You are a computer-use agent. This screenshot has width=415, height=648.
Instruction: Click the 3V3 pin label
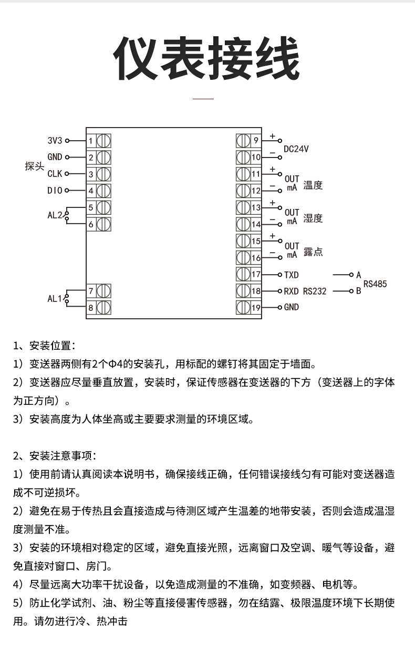point(55,141)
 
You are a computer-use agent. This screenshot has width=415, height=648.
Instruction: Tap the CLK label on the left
point(55,174)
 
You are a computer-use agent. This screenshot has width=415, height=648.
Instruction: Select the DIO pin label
point(55,191)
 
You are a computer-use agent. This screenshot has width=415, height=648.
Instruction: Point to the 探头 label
point(34,166)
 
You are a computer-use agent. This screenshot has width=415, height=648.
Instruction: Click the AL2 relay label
point(55,215)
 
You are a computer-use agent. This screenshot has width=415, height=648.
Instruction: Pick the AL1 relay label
point(55,299)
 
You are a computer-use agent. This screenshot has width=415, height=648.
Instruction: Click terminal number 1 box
point(91,141)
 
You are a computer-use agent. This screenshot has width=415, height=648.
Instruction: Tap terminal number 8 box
point(91,308)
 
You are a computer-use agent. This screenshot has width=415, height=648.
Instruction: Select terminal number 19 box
point(256,308)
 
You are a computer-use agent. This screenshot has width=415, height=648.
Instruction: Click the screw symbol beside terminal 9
point(243,140)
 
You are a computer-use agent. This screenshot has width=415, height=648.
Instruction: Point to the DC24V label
point(296,149)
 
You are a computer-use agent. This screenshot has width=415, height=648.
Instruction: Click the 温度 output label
point(313,185)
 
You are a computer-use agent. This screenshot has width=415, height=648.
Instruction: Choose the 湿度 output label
point(313,218)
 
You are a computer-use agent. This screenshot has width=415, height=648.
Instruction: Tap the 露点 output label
point(313,252)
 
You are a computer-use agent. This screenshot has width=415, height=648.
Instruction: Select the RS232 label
point(315,291)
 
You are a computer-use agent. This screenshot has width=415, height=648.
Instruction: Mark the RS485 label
point(375,284)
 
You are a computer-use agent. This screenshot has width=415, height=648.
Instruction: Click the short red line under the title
point(203,98)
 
